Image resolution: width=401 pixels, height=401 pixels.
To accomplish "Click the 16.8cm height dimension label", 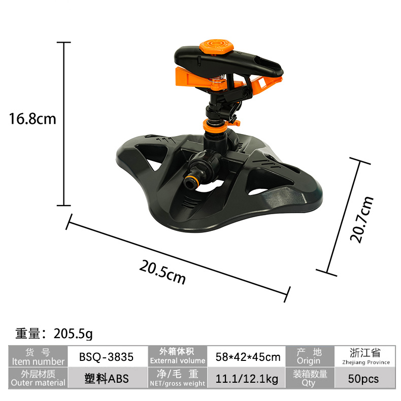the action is [32, 119].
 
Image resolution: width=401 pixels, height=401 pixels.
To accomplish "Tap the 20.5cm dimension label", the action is [162, 272].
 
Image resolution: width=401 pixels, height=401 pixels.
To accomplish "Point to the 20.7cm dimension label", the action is [361, 219].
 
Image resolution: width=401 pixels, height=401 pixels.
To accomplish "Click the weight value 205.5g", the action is [74, 333].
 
